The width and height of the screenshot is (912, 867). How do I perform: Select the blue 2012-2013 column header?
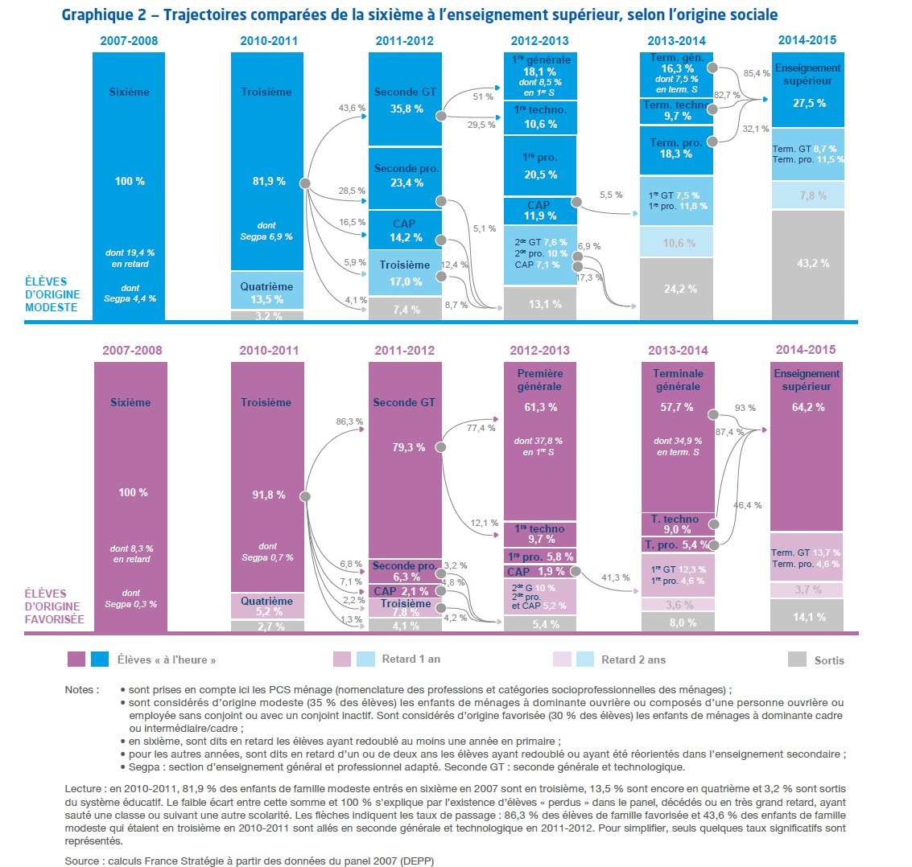tap(539, 40)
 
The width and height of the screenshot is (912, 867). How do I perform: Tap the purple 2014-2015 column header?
tap(806, 350)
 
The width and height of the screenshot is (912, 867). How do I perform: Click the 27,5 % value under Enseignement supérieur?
tap(809, 103)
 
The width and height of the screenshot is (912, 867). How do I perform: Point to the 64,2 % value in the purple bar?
tap(807, 407)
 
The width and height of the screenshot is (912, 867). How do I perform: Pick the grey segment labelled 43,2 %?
tap(808, 263)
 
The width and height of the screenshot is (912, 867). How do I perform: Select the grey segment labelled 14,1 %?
tap(808, 617)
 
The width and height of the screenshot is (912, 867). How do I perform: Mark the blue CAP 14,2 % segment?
tap(406, 231)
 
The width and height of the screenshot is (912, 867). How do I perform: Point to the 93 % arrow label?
tap(745, 408)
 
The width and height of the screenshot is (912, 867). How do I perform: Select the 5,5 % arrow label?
tap(612, 195)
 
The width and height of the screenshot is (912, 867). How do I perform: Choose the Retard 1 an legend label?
tap(411, 659)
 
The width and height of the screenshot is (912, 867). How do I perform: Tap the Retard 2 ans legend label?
tap(633, 659)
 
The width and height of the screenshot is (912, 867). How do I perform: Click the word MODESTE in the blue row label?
tap(50, 307)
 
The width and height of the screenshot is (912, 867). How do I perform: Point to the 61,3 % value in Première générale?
tap(540, 407)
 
